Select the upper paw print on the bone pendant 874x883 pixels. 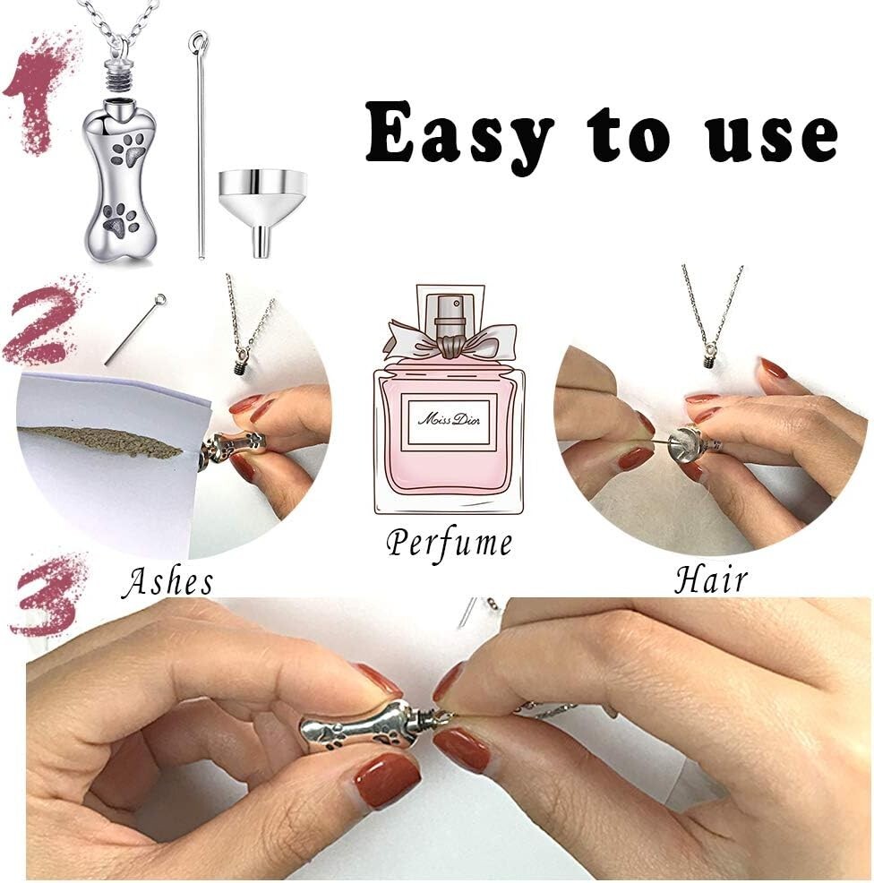click(x=129, y=149)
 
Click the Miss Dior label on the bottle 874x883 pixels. click(x=449, y=420)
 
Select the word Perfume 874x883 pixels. click(x=450, y=543)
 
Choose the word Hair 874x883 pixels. click(x=711, y=578)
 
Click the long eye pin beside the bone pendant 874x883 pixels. click(x=200, y=145)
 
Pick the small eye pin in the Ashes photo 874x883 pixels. click(x=135, y=329)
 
